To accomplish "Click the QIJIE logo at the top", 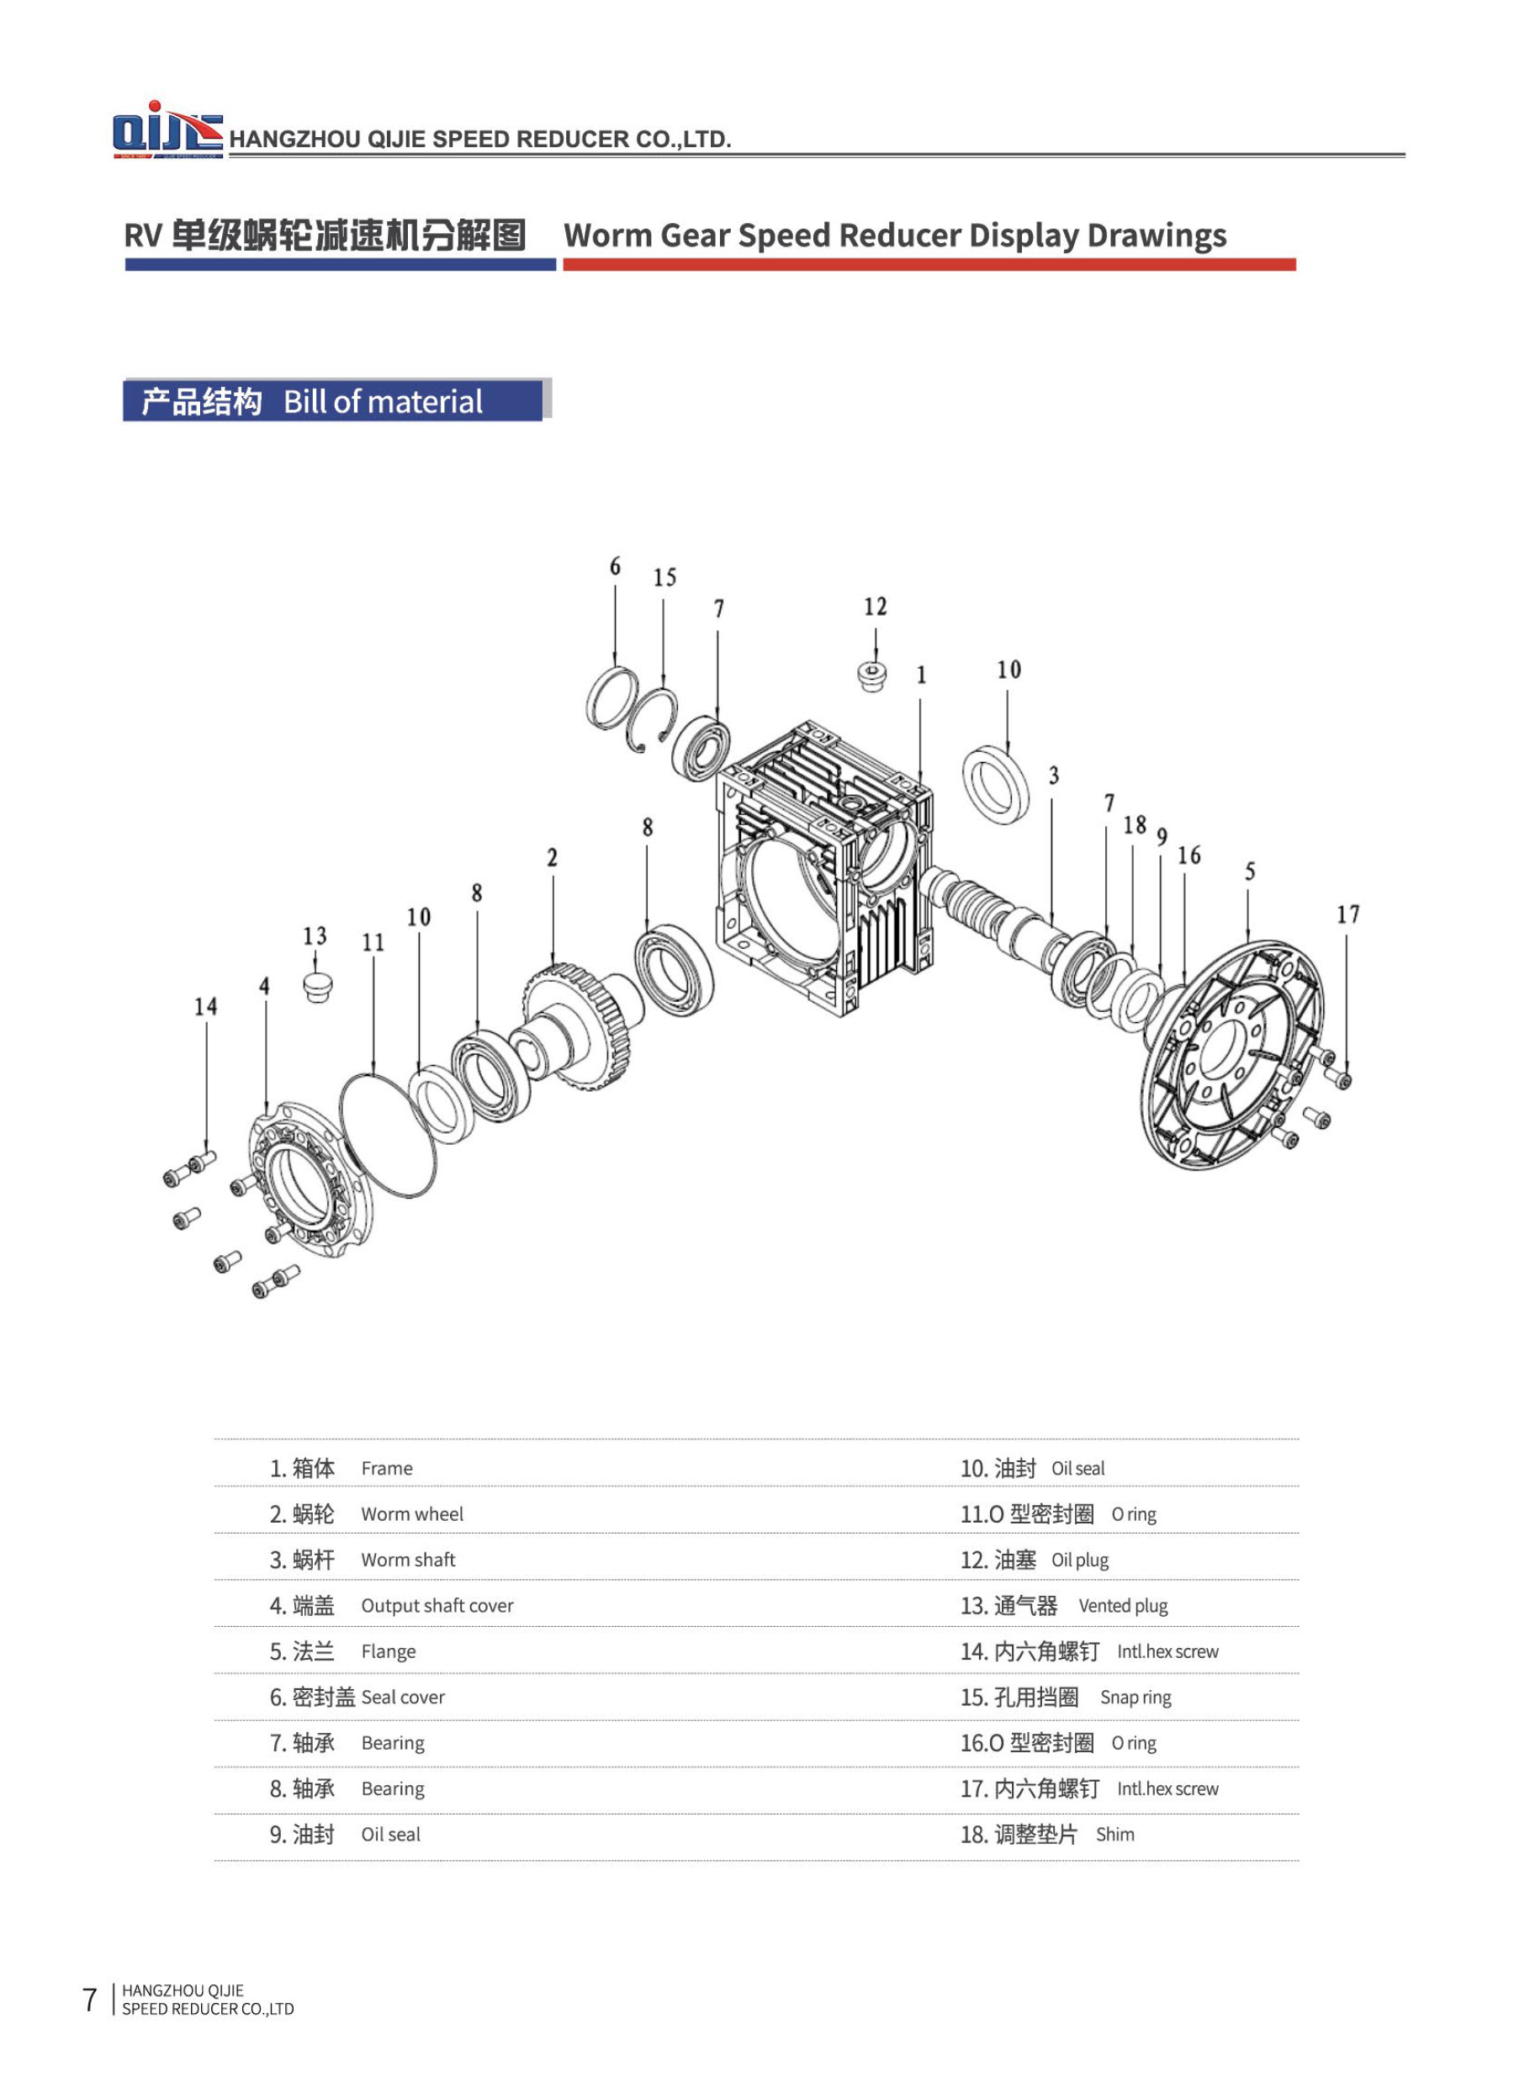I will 167,130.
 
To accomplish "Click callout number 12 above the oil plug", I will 875,607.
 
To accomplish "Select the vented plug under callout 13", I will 317,987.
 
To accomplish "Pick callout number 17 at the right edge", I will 1347,915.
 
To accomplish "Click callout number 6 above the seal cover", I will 615,566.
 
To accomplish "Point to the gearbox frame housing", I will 823,870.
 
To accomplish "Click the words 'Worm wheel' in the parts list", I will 411,1514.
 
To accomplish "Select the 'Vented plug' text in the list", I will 1123,1606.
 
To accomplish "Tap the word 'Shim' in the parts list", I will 1114,1835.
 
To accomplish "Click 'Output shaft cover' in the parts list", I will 437,1606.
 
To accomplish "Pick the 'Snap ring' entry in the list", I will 1135,1698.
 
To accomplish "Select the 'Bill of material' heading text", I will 382,401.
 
